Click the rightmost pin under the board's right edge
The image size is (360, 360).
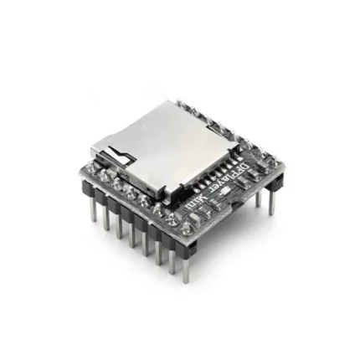pos(270,201)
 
